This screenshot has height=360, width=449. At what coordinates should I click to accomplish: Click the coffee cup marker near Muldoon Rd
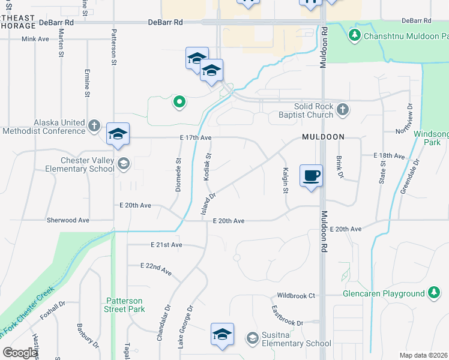tap(311, 176)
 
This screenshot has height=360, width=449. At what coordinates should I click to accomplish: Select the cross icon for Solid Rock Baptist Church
tap(342, 109)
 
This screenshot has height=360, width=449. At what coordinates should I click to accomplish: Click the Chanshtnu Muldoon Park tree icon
tap(355, 36)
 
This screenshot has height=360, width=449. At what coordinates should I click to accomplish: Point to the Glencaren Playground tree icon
tap(433, 293)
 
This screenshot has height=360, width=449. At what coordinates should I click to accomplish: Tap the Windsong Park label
tap(432, 138)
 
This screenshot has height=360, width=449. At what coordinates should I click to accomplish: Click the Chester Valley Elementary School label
tap(88, 164)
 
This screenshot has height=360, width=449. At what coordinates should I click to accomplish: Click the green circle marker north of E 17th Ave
tap(178, 103)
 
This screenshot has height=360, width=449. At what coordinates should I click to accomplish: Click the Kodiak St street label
tap(209, 164)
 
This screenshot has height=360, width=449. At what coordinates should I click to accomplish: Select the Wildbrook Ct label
tap(295, 296)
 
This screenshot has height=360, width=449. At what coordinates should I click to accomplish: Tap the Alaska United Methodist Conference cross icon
tap(94, 125)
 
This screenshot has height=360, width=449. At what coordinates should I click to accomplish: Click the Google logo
tap(20, 353)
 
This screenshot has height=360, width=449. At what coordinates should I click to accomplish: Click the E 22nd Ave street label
tap(156, 269)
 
